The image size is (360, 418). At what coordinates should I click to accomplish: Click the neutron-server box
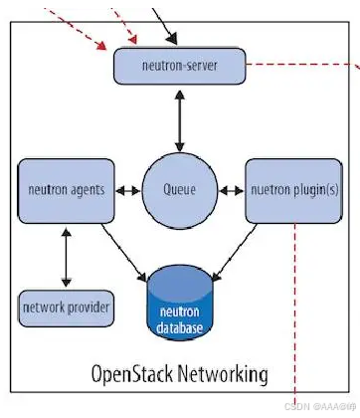[180, 66]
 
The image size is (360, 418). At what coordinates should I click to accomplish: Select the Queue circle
[180, 191]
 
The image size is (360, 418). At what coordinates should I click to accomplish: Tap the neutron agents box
[67, 191]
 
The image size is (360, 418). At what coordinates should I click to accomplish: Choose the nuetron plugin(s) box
[294, 191]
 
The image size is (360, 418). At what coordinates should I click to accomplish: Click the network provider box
[67, 309]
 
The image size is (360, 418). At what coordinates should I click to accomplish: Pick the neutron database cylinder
[180, 303]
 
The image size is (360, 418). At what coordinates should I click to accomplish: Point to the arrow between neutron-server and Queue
[180, 121]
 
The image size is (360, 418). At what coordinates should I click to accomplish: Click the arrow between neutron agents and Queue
[128, 191]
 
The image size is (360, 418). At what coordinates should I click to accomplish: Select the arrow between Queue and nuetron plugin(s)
[232, 191]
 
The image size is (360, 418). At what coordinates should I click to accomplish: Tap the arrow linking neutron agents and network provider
[67, 257]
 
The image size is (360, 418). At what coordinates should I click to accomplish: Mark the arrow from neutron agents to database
[124, 253]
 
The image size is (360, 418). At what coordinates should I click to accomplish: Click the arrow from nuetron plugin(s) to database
[235, 253]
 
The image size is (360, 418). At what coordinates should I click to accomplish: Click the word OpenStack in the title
[132, 374]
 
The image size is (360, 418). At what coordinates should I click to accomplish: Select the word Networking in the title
[223, 374]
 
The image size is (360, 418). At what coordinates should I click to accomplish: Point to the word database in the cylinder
[179, 327]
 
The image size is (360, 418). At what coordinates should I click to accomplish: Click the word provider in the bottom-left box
[89, 308]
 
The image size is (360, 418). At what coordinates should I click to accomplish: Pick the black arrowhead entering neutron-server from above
[172, 39]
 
